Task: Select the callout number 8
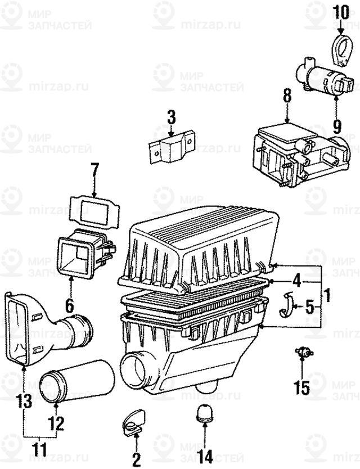point(287,97)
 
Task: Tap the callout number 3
point(171,118)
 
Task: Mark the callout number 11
point(39,450)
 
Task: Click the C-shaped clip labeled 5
point(290,304)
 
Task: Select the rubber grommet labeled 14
point(203,415)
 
